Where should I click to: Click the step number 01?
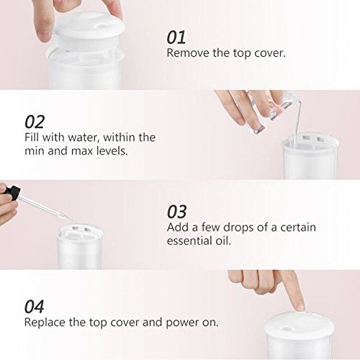(176, 37)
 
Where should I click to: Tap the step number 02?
(35, 122)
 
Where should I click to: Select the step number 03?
(176, 212)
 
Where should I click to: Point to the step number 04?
(34, 307)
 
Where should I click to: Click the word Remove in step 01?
(188, 53)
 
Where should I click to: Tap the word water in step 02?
(84, 138)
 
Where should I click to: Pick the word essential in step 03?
(189, 240)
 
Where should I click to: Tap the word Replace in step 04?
(45, 323)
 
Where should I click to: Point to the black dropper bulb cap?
(12, 190)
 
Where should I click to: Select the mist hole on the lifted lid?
(102, 25)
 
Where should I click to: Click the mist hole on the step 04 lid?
(286, 328)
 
